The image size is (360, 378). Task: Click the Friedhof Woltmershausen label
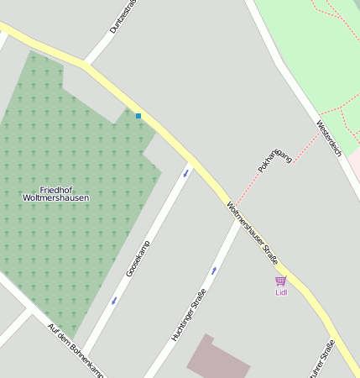55,194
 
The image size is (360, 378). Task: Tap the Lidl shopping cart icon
280,281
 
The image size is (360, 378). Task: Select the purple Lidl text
280,292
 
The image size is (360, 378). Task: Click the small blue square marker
138,115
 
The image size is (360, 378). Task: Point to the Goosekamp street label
138,258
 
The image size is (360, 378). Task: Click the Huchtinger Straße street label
188,314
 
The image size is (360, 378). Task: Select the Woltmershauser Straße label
252,232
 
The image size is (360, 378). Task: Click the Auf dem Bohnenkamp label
76,349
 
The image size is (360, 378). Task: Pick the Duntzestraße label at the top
123,17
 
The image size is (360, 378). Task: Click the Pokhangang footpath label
274,159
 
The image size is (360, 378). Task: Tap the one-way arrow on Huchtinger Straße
214,270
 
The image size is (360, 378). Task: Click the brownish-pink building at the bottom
217,360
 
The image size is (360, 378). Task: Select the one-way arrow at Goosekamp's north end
185,173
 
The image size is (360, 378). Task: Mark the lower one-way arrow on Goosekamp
114,300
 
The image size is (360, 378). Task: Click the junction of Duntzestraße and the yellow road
86,64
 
